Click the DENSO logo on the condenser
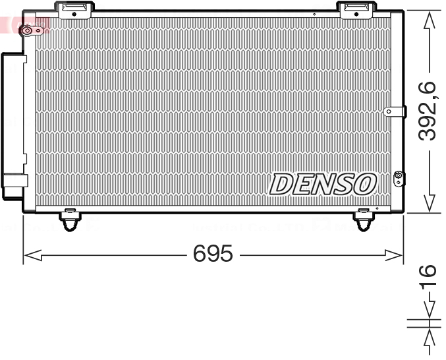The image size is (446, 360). coord(323,184)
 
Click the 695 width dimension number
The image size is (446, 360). coord(213,254)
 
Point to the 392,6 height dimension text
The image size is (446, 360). coord(428,110)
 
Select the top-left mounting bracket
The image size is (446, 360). coord(74,9)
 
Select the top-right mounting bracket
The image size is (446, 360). coord(356,9)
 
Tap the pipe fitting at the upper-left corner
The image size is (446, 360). coord(27,30)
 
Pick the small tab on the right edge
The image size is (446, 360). coord(393,111)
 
